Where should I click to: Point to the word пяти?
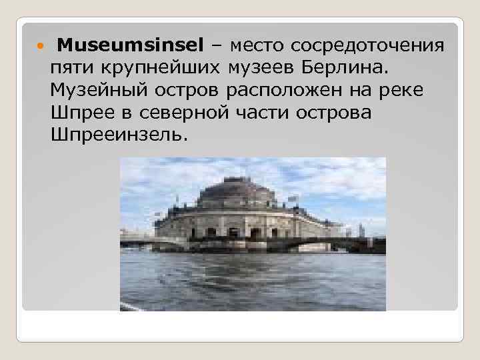point(71,68)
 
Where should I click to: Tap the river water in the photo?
point(253,280)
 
